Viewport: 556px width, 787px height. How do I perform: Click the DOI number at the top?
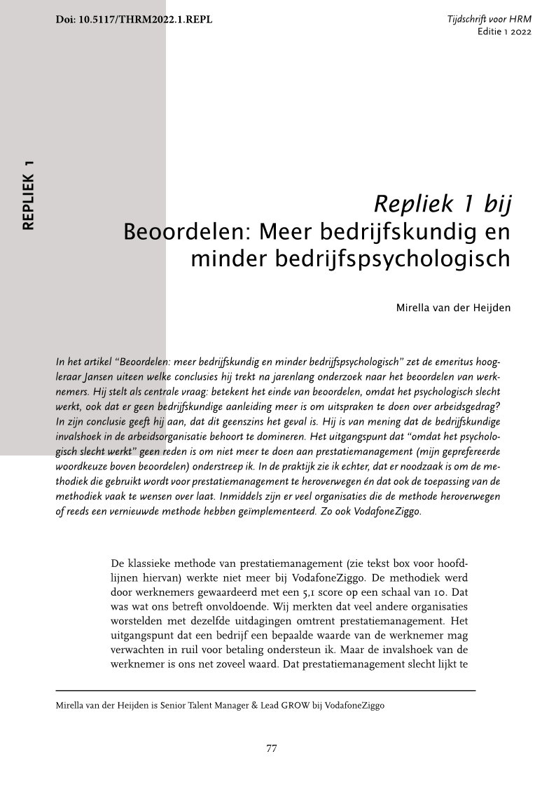coord(133,19)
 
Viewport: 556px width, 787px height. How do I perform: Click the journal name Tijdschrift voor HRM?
coord(489,19)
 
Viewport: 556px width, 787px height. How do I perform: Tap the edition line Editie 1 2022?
coord(503,32)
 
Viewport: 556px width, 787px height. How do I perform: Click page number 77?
coord(272,748)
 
